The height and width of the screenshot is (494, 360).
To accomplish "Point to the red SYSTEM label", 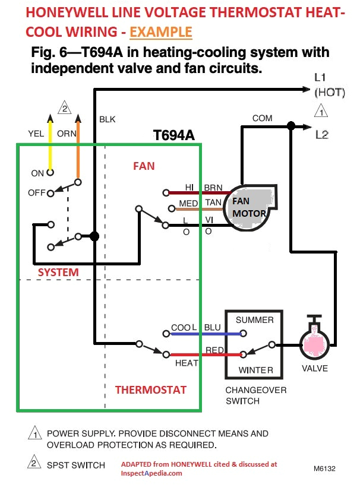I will coord(58,272).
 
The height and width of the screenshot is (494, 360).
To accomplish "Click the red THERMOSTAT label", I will coord(150,390).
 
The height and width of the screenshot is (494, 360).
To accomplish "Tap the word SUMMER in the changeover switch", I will coord(254,320).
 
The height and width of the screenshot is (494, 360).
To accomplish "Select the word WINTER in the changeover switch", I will coord(255,370).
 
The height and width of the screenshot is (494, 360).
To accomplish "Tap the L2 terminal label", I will coord(321,135).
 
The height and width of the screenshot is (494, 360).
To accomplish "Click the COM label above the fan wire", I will coord(262,118).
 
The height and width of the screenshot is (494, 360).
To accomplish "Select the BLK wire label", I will coord(107,119).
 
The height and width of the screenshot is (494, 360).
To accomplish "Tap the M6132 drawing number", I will coord(324,468).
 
